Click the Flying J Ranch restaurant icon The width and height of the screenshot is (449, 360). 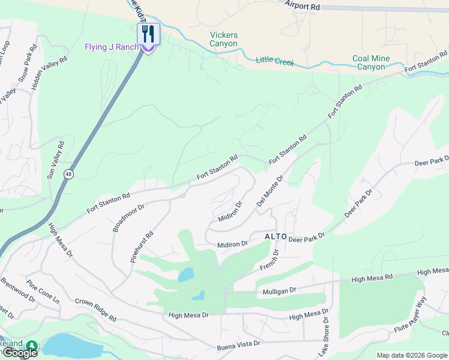coord(148,34)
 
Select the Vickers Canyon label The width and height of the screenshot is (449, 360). coord(223,40)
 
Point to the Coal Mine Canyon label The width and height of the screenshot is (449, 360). coord(371,62)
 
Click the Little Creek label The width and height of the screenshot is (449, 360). coord(275,61)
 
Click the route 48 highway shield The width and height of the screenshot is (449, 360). coord(69,174)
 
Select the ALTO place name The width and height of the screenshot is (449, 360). coord(276,237)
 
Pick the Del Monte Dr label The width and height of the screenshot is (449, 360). coord(270,191)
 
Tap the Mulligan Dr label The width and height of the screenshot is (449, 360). coord(280,290)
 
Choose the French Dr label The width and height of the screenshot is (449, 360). coord(270,262)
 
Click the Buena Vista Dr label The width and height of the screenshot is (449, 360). coord(238,344)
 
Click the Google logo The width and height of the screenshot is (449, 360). coord(20,353)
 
